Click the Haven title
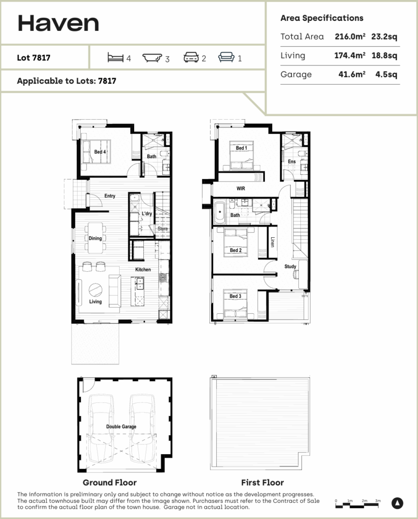(x=58, y=23)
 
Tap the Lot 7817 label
(x=33, y=58)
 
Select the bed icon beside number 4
(x=115, y=58)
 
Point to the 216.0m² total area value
(x=350, y=36)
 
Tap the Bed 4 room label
(x=100, y=152)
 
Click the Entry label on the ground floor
(x=109, y=196)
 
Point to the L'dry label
(x=147, y=214)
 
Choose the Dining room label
(x=95, y=238)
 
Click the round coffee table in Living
(x=95, y=290)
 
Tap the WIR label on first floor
(x=241, y=188)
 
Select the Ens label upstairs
(x=291, y=162)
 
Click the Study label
(x=290, y=266)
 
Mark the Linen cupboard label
(x=273, y=242)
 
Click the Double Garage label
(x=121, y=427)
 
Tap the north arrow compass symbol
(x=398, y=503)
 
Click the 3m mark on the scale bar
(x=378, y=500)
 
